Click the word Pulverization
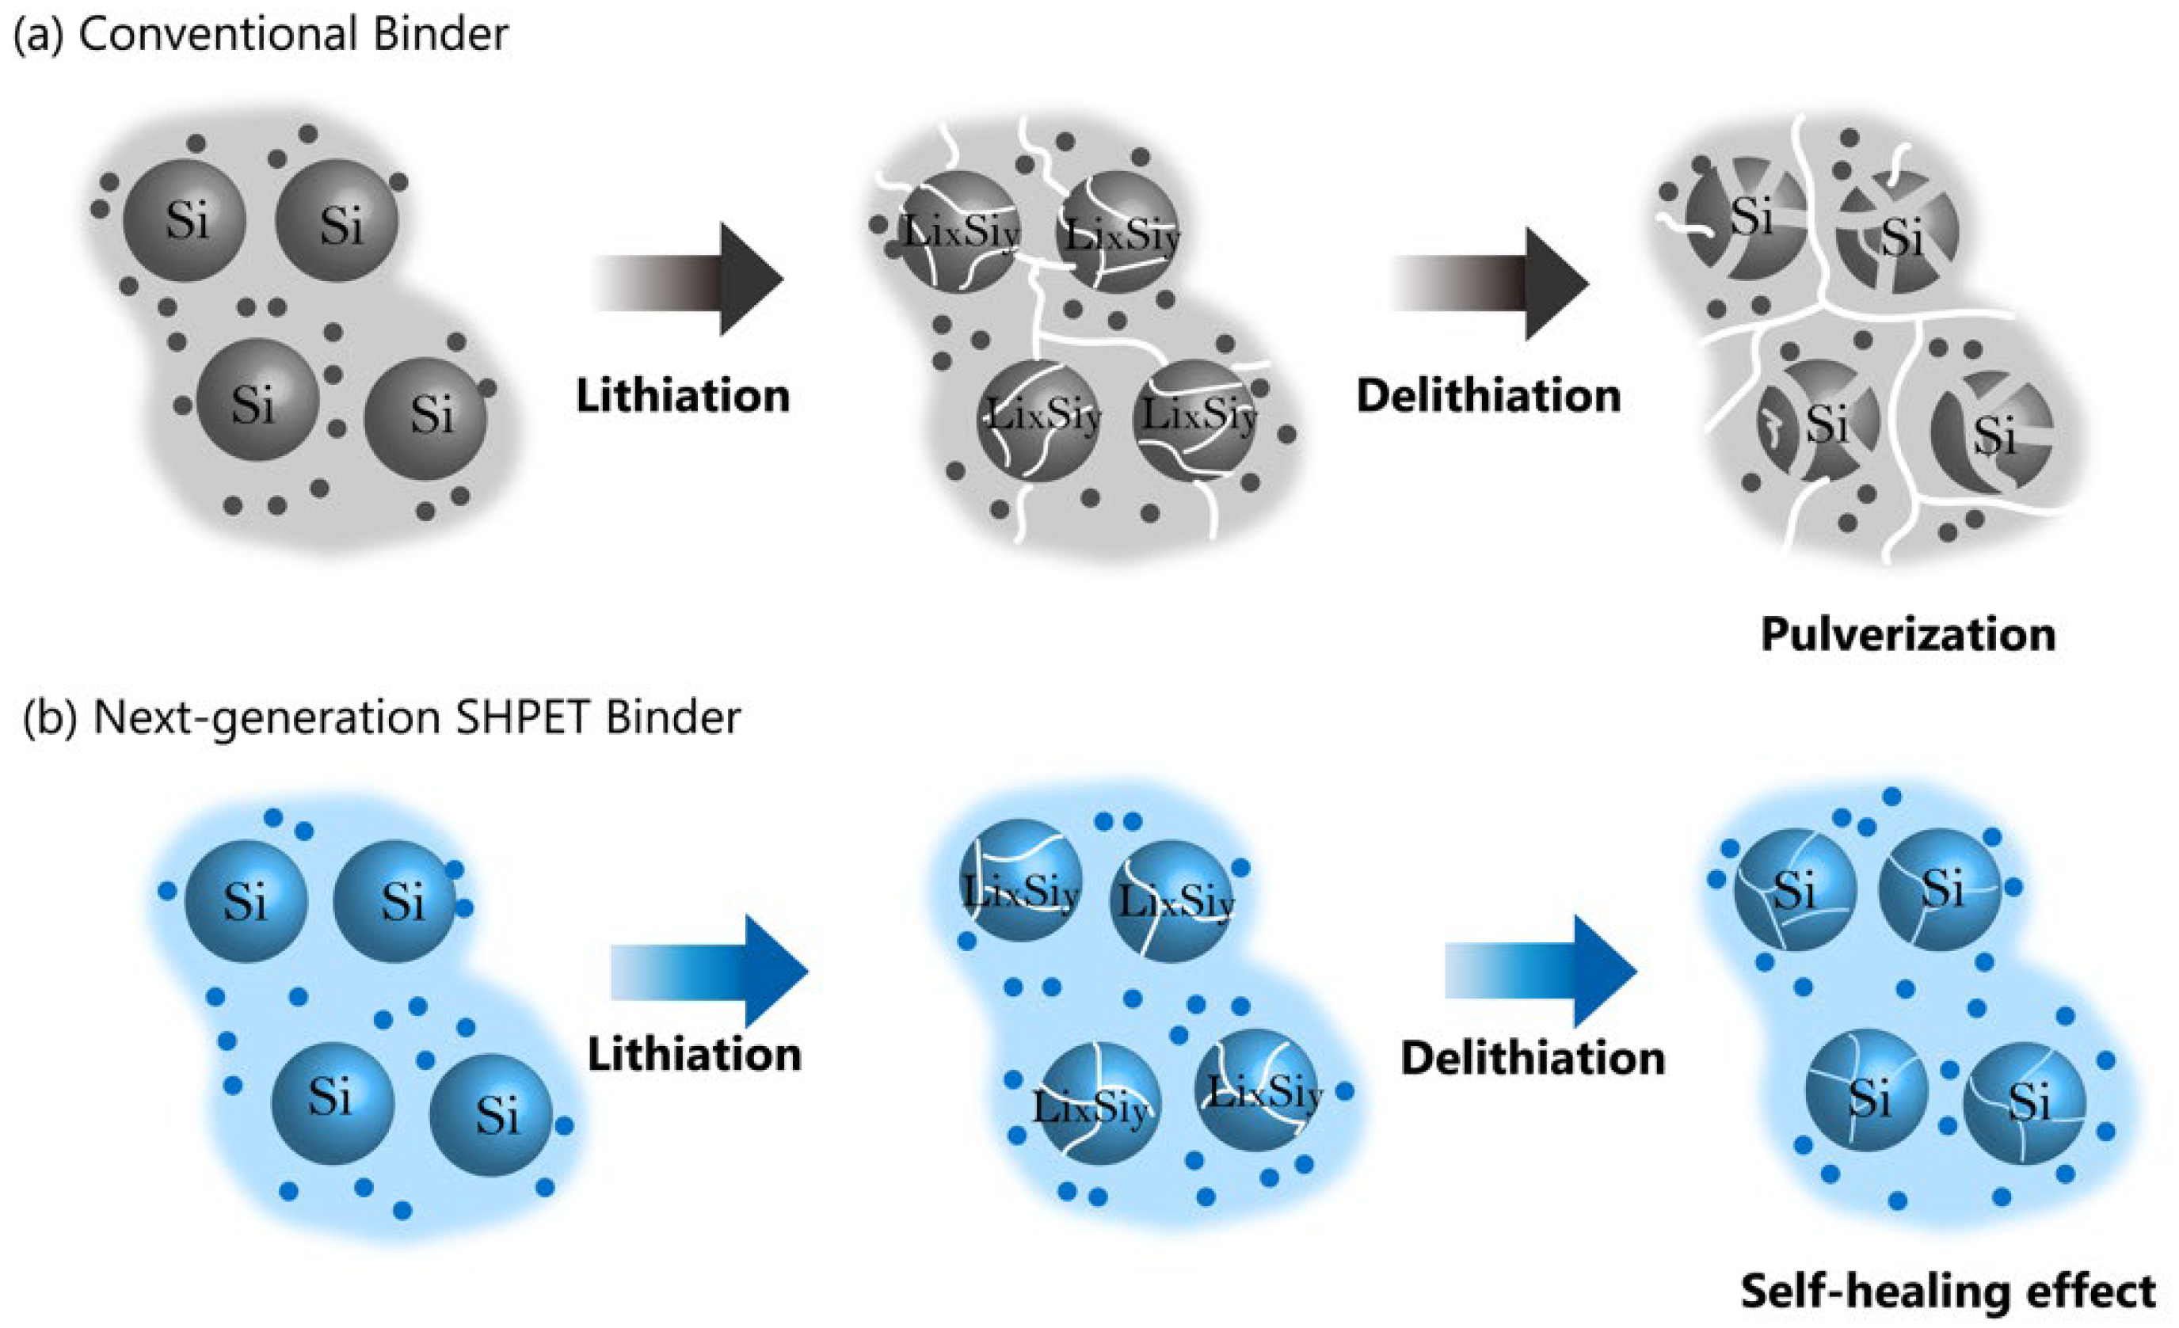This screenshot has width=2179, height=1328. coord(1907,635)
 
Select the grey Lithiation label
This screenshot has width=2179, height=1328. coord(683,395)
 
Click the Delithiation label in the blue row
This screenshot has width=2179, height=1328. coord(1533,1057)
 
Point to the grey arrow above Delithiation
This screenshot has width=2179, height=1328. coord(1489,283)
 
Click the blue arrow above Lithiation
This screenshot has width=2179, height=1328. coord(708,971)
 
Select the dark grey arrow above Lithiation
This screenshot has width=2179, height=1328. coord(689,280)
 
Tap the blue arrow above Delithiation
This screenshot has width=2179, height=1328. coord(1540,971)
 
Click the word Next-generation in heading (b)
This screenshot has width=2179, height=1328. coord(266,719)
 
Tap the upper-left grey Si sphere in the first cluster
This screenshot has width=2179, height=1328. coord(185,220)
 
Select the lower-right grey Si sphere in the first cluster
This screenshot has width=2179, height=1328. coord(426,418)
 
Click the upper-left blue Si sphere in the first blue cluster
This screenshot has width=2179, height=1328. coord(245,901)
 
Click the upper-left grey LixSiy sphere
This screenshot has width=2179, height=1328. coord(959,232)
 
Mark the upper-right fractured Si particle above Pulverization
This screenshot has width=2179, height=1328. coord(1895,233)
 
